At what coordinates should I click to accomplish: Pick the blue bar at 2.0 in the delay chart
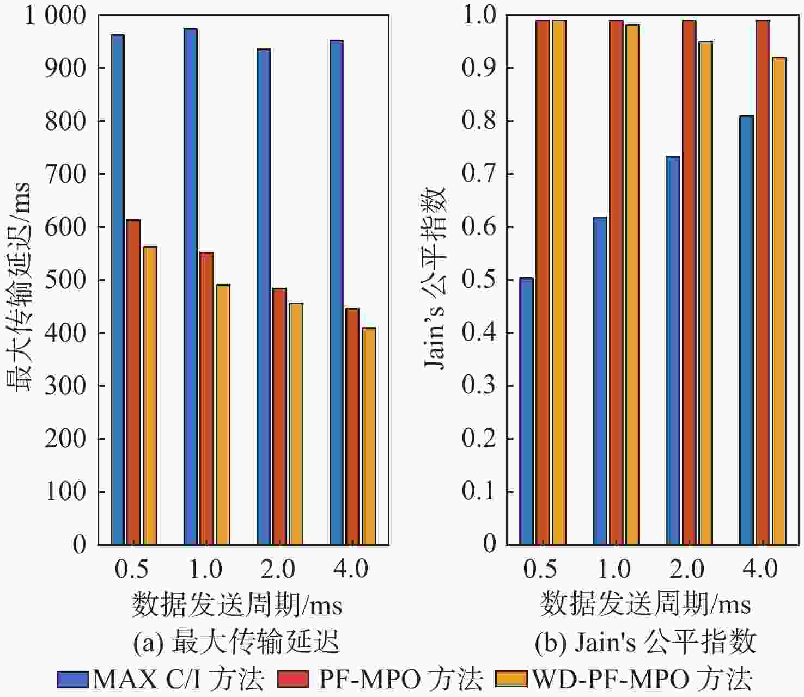[x=264, y=297]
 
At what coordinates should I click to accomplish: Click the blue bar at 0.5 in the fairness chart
[x=526, y=411]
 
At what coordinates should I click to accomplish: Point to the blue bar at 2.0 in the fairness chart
[x=673, y=350]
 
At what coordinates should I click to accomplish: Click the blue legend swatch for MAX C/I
[x=73, y=679]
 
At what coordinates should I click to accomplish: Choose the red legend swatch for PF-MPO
[x=293, y=679]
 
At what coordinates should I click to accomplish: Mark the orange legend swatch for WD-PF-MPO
[x=511, y=679]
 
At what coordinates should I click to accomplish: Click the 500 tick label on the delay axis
[x=65, y=280]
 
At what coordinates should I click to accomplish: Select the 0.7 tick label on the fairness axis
[x=479, y=174]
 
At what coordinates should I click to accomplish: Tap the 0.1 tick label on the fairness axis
[x=479, y=491]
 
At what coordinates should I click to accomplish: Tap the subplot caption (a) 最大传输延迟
[x=236, y=643]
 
